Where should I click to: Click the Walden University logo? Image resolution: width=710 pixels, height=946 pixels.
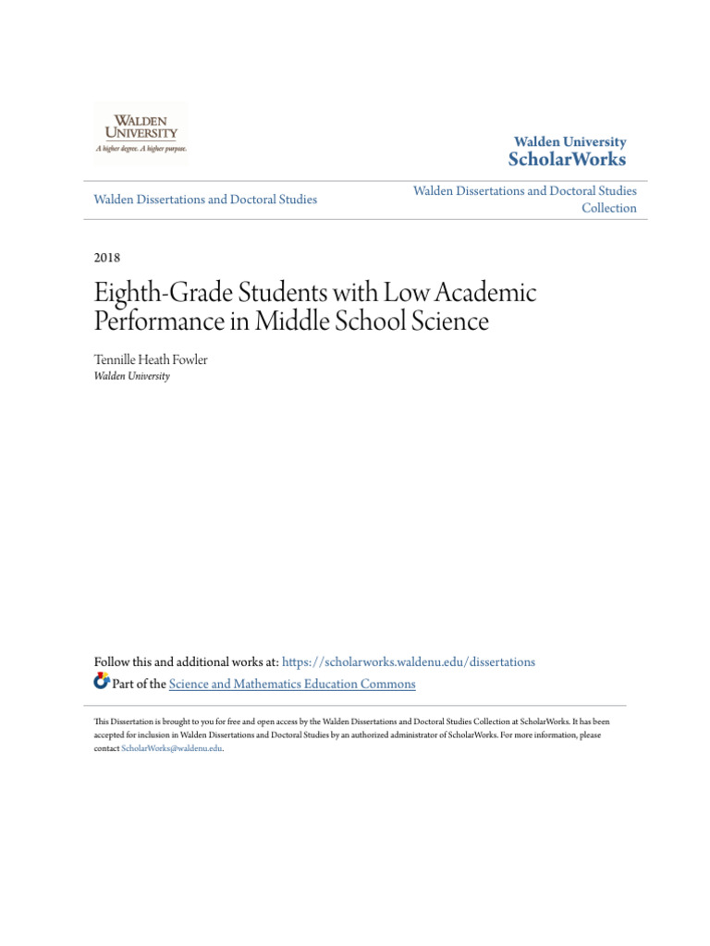click(141, 134)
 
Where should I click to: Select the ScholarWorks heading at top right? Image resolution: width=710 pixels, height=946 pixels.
click(567, 160)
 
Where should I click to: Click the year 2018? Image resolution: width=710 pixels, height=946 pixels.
click(107, 257)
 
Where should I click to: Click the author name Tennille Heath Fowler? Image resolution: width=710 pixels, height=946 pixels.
click(151, 359)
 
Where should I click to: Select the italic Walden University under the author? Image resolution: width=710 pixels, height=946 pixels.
click(132, 376)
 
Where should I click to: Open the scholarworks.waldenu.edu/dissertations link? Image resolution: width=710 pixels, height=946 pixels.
click(408, 661)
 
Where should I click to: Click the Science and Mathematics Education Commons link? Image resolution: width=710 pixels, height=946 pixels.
click(292, 684)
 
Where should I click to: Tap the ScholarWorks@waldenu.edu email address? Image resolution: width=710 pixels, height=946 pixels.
click(172, 748)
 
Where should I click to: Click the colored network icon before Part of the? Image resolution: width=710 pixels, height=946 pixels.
click(102, 683)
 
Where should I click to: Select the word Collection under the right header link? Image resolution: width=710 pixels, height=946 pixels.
click(608, 208)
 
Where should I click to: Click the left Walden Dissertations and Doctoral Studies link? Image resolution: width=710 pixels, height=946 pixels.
click(205, 199)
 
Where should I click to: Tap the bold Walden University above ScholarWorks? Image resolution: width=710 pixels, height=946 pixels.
click(569, 141)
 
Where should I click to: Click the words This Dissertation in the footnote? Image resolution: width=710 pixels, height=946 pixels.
click(118, 721)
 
